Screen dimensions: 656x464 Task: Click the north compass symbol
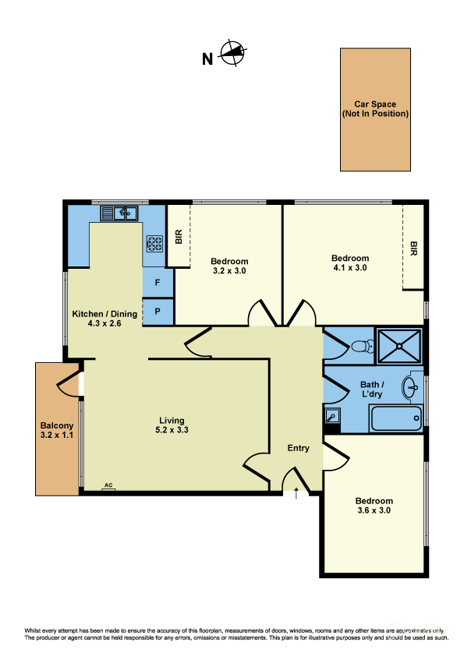pyautogui.click(x=233, y=55)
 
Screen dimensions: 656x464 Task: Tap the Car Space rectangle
pyautogui.click(x=375, y=109)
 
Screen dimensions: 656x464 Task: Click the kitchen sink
pyautogui.click(x=119, y=213)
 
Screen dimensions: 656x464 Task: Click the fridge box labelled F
pyautogui.click(x=158, y=283)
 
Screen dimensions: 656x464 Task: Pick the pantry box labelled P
pyautogui.click(x=158, y=311)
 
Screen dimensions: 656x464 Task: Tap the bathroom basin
pyautogui.click(x=412, y=385)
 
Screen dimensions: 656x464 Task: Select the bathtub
pyautogui.click(x=396, y=418)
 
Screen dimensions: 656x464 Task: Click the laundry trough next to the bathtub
pyautogui.click(x=332, y=417)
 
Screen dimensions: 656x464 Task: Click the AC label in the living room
pyautogui.click(x=108, y=486)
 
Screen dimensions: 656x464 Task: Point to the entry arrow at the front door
pyautogui.click(x=296, y=493)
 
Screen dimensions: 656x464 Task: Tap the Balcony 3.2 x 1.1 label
pyautogui.click(x=56, y=431)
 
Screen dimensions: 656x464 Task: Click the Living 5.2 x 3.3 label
pyautogui.click(x=172, y=425)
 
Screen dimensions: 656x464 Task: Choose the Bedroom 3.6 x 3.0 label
pyautogui.click(x=373, y=506)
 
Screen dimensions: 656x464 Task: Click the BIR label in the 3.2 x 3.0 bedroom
pyautogui.click(x=179, y=237)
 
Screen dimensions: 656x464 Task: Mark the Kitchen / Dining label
pyautogui.click(x=104, y=319)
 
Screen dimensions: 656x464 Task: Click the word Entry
pyautogui.click(x=299, y=448)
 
